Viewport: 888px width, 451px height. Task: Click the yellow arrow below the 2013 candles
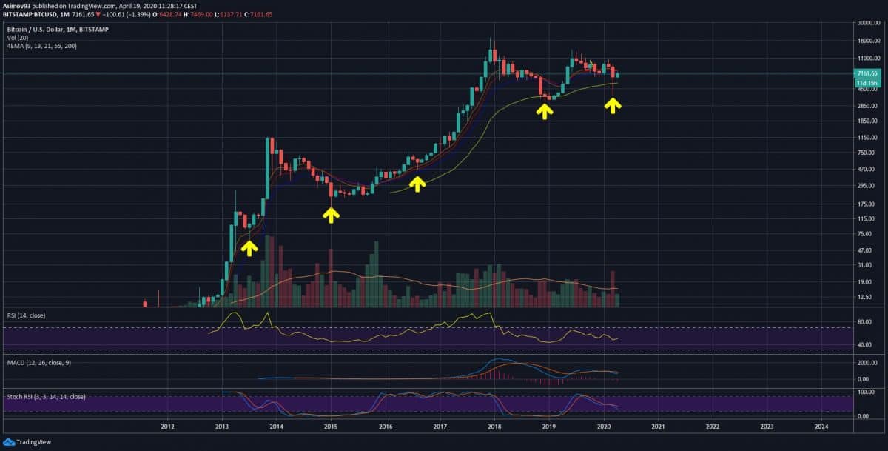coord(249,247)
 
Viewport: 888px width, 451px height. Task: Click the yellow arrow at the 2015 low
coord(331,214)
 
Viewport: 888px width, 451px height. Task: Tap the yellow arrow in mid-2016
coord(418,183)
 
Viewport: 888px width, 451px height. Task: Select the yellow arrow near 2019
coord(545,111)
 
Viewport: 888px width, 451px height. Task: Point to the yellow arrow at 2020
coord(612,105)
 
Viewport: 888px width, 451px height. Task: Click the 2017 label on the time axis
coord(440,427)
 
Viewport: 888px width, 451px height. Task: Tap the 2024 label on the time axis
coord(821,427)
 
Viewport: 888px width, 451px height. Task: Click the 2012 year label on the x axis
coord(167,427)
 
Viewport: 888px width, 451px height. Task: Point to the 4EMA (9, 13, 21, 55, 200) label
coord(40,46)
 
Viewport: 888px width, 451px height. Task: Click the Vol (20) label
coord(18,36)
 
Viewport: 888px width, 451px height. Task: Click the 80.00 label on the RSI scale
coord(862,322)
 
